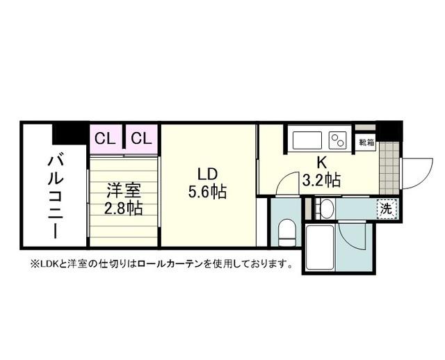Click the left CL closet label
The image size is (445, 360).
(x=106, y=138)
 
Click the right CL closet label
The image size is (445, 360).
(x=141, y=138)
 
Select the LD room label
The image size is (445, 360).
(x=208, y=173)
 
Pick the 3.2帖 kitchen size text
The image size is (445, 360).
(x=322, y=181)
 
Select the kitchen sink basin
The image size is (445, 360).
(x=307, y=140)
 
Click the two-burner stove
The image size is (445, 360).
(x=339, y=140)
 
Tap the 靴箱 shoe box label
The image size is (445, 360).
(x=366, y=142)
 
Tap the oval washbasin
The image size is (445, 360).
(x=326, y=208)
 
